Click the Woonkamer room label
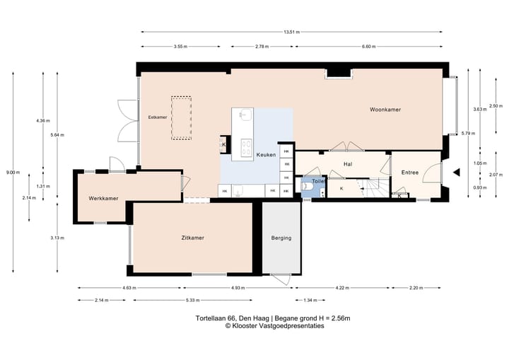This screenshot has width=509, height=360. [x=385, y=110]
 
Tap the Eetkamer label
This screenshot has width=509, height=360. [x=158, y=117]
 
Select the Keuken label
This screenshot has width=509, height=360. [x=267, y=155]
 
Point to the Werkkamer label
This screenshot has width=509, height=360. [x=103, y=198]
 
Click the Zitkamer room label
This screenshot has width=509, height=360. [x=193, y=238]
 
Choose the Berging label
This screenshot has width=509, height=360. [x=281, y=238]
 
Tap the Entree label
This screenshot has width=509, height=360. [x=410, y=173]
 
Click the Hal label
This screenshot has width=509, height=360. [x=348, y=164]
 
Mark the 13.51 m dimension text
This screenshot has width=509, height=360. [x=291, y=32]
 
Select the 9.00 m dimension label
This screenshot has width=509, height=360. [x=13, y=173]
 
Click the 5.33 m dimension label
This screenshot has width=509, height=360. [x=193, y=300]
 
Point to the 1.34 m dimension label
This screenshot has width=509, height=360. [x=310, y=300]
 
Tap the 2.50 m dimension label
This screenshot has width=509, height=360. [x=496, y=106]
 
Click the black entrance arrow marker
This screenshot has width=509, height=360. [x=457, y=172]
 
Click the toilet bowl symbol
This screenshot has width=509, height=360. [x=307, y=186]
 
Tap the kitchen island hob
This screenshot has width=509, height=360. [x=247, y=147]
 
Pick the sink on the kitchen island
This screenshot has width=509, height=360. [x=245, y=114]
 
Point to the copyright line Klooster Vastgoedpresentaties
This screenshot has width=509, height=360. [x=275, y=326]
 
